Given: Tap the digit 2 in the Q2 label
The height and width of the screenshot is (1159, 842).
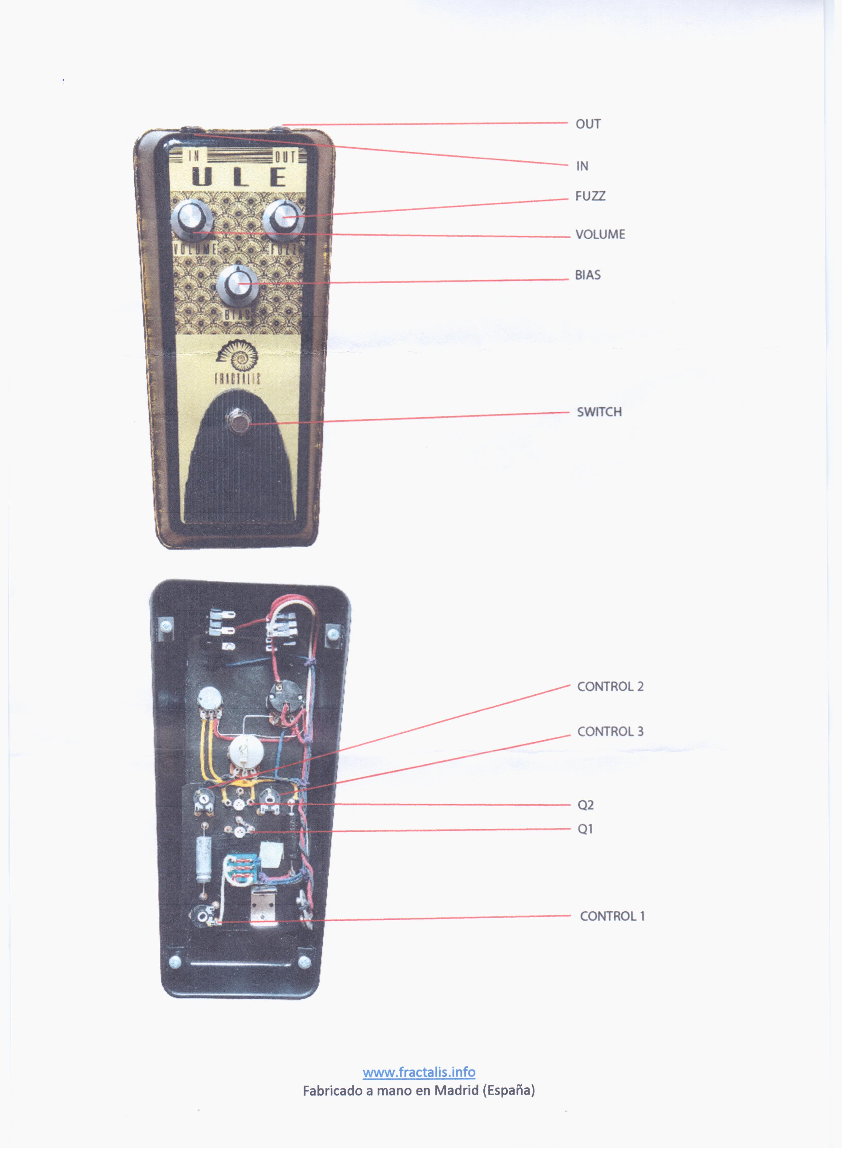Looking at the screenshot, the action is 590,805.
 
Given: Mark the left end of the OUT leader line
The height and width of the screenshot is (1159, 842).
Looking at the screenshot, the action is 282,124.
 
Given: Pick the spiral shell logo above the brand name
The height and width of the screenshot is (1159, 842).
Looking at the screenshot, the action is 238,355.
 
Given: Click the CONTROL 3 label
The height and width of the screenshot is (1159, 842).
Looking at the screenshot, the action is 610,732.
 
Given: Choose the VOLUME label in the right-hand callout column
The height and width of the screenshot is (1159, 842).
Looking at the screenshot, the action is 600,234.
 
